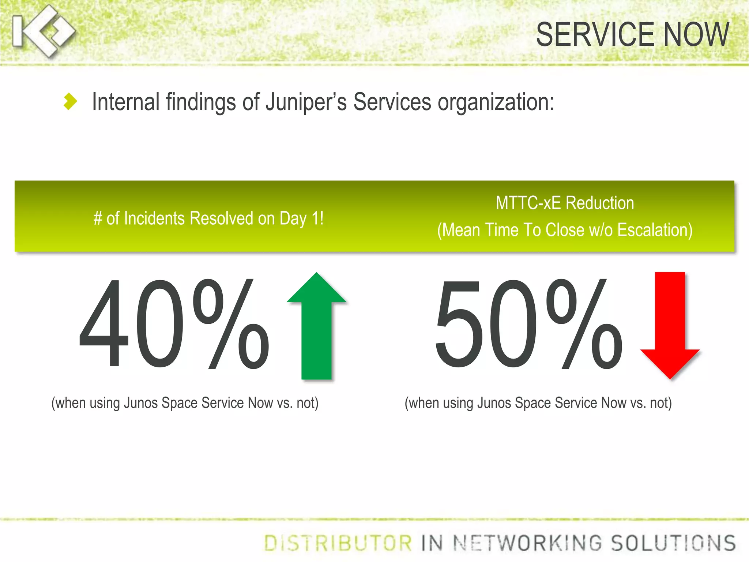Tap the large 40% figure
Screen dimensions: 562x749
click(x=174, y=324)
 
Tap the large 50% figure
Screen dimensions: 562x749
click(x=528, y=324)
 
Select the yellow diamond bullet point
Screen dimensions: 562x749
click(x=70, y=101)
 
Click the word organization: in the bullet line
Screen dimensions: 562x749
click(x=496, y=102)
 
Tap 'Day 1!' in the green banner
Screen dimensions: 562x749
click(x=301, y=219)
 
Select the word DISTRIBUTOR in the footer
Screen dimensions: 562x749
click(x=338, y=543)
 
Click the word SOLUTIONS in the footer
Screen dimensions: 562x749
click(x=673, y=543)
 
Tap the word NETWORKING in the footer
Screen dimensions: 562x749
click(x=528, y=543)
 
